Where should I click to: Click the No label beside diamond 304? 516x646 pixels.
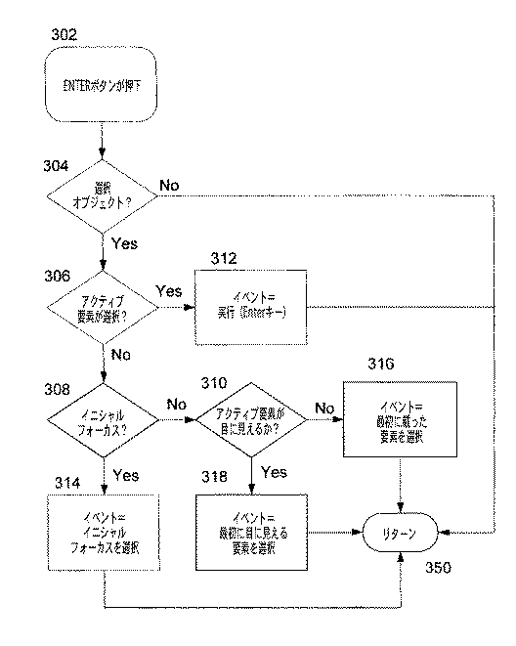170,184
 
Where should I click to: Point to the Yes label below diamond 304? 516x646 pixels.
125,240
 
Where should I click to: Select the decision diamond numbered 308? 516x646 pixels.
102,419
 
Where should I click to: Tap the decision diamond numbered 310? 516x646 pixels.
252,419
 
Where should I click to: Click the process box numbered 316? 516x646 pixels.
401,414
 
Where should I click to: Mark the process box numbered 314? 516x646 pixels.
102,533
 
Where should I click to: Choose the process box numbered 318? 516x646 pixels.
252,533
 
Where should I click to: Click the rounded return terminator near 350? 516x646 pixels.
400,534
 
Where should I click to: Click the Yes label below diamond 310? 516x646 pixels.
275,471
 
